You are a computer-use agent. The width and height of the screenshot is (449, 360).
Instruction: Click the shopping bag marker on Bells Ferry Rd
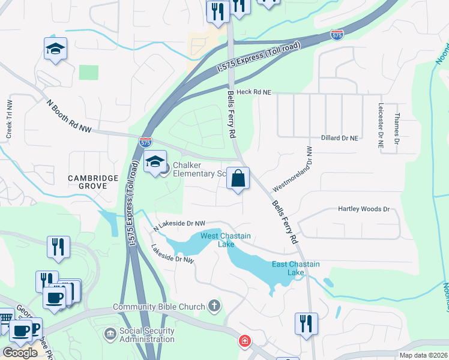click(x=238, y=179)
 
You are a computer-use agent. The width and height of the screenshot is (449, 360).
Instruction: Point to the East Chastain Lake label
click(x=296, y=268)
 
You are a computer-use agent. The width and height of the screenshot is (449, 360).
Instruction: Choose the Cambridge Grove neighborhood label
click(x=87, y=182)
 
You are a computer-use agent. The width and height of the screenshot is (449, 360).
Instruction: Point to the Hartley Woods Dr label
click(x=364, y=209)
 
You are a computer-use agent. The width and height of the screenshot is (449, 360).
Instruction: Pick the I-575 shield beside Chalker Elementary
click(x=145, y=142)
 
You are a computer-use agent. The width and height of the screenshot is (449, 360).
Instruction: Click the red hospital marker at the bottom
click(x=245, y=342)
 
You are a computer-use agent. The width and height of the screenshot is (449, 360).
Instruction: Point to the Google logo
click(x=20, y=353)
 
